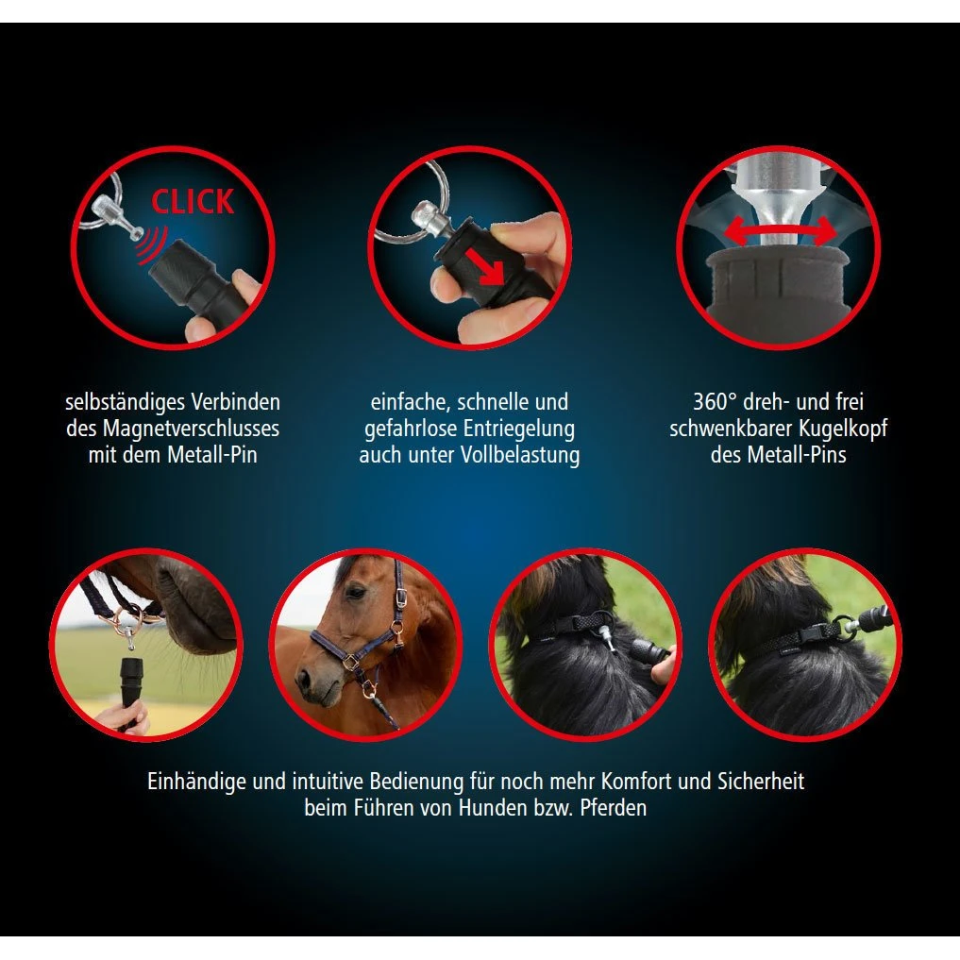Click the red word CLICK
(193, 201)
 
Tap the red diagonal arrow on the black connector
(485, 265)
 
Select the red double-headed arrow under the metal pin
(780, 232)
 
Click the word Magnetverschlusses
(191, 429)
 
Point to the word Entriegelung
(519, 429)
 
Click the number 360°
(715, 401)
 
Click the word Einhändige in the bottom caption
(197, 782)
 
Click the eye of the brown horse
(356, 593)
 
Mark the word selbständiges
(125, 402)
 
